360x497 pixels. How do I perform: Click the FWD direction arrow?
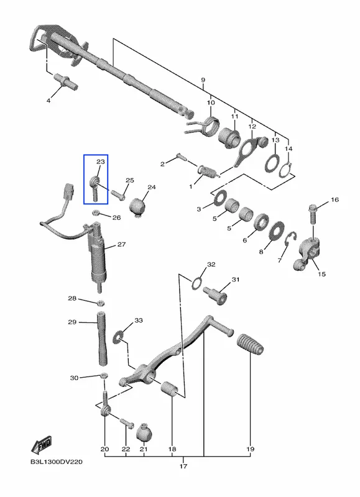(41, 445)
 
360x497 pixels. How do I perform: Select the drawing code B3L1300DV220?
(57, 462)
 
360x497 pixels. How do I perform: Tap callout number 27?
(121, 244)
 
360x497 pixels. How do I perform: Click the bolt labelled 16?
(313, 214)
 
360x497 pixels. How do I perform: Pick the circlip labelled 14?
(285, 170)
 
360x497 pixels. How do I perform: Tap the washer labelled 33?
(118, 337)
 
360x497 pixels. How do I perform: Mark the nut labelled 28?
(101, 303)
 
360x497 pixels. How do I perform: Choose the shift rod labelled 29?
(102, 339)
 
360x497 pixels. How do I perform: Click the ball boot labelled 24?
(137, 207)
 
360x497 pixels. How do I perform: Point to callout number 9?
(203, 80)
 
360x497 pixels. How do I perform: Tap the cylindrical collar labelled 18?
(169, 390)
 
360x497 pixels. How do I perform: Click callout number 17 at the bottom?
(183, 466)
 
